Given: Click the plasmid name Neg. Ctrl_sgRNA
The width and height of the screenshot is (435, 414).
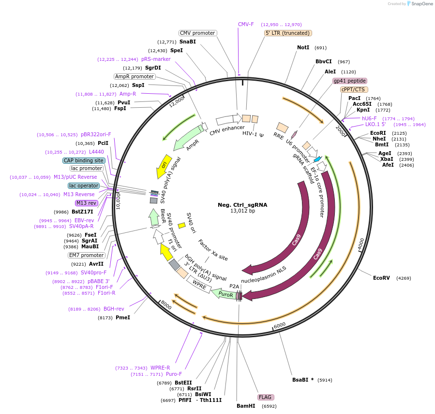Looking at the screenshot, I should coord(242,204).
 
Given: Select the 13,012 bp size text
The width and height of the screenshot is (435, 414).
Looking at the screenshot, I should coord(242,211).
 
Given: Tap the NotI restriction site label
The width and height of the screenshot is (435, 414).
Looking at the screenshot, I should coord(303,47).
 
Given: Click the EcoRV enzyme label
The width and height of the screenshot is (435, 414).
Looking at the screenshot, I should coord(381,278).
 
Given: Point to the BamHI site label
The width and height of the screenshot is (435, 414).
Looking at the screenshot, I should coord(246,406).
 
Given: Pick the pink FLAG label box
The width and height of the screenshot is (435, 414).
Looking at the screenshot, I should coord(266,397).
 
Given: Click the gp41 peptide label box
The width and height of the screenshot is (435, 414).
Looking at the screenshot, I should coord(349,81).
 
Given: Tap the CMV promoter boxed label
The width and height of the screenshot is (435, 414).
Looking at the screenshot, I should coord(197,33).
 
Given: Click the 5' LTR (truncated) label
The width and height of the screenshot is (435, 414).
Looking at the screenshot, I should coord(288,33).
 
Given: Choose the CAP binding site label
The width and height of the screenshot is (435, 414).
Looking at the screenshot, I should coord(84,160).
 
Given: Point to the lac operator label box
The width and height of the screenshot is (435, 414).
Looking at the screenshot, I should coord(84,186).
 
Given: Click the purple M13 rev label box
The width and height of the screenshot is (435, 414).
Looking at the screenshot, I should coord(86,203).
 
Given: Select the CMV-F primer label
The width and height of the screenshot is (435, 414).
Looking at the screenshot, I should coord(246,24).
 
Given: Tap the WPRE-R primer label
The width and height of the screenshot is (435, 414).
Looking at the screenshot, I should coord(160,368).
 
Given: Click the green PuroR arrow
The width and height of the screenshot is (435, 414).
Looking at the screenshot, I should coord(225,294).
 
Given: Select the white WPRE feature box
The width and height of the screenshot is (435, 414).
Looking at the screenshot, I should coord(199,286).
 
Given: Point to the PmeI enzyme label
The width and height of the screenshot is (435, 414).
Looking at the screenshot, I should coord(123,317).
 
